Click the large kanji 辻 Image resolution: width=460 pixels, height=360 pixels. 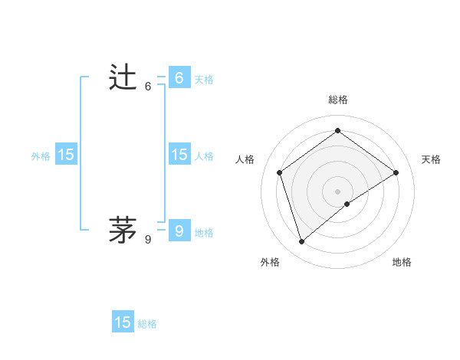click(123, 78)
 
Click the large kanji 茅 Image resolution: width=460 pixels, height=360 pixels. click(123, 228)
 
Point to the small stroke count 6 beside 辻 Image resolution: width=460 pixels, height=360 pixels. click(148, 87)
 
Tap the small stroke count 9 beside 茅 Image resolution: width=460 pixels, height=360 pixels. click(148, 239)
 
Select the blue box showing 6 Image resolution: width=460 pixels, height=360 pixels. click(179, 78)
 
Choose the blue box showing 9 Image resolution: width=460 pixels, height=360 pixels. click(179, 231)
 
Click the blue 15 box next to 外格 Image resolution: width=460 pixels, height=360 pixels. click(66, 155)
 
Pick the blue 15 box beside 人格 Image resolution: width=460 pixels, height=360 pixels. click(179, 155)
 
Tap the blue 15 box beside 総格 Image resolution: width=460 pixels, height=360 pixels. click(123, 322)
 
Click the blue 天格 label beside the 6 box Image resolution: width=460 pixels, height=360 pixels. click(204, 80)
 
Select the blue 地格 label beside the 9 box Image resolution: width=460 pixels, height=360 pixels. click(204, 233)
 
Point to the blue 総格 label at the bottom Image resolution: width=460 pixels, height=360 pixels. click(147, 324)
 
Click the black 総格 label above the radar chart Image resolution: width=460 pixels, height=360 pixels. click(337, 100)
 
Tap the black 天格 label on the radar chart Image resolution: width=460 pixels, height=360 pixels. click(431, 159)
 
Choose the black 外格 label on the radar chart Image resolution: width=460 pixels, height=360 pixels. click(270, 262)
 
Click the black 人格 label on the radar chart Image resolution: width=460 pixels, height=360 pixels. click(245, 159)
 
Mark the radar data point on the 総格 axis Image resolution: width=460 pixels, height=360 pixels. click(337, 131)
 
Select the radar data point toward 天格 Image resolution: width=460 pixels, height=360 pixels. click(396, 172)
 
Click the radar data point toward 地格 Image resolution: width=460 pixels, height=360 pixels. click(347, 204)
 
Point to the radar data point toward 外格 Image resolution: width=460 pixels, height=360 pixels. click(301, 242)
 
